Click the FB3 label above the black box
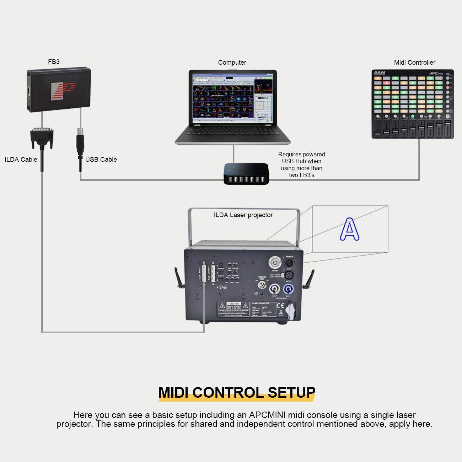[x=54, y=62]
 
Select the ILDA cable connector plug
[x=42, y=138]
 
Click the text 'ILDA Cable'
[x=21, y=160]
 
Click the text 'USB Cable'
[x=101, y=160]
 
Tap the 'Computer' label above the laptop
[x=232, y=63]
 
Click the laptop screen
[x=232, y=97]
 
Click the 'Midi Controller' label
[x=414, y=63]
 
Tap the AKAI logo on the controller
[x=380, y=73]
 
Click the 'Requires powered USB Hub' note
[x=301, y=165]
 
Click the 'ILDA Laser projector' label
[x=243, y=215]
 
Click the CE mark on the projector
[x=280, y=305]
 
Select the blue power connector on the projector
[x=288, y=289]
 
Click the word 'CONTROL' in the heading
[x=228, y=392]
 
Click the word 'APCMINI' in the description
[x=267, y=415]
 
